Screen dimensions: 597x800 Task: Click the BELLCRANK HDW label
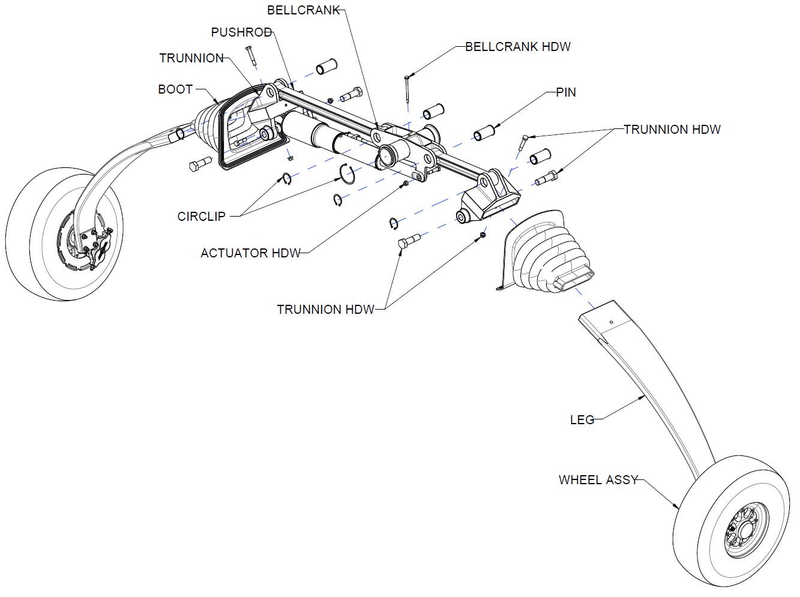(518, 47)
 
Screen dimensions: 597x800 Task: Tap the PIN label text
(566, 92)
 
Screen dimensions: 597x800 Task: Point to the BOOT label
(175, 89)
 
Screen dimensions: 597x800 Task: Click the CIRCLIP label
(201, 217)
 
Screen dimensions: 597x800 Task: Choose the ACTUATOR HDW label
(250, 253)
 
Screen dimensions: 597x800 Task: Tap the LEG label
(582, 420)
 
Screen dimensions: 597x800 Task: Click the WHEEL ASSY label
(598, 480)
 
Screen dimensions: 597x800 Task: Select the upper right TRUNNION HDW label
(672, 130)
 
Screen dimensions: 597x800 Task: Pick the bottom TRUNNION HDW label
(325, 310)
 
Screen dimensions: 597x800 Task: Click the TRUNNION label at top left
(191, 58)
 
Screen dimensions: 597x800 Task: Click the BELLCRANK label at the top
(304, 10)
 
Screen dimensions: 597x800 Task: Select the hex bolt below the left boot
(198, 164)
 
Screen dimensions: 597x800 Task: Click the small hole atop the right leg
(610, 322)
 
